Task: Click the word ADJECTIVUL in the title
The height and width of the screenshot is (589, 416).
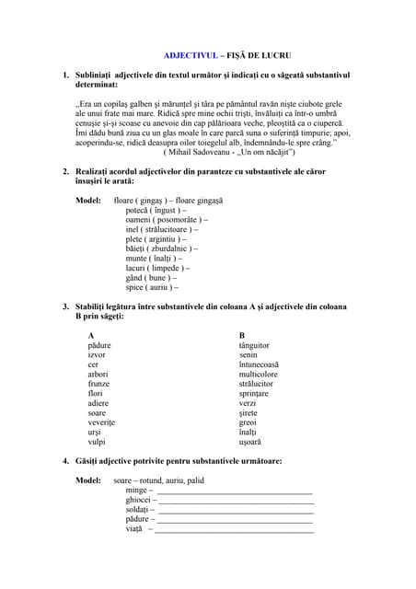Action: pyautogui.click(x=182, y=54)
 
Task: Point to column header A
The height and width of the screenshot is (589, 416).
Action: pyautogui.click(x=90, y=335)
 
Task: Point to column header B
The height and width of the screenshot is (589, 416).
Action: pyautogui.click(x=241, y=335)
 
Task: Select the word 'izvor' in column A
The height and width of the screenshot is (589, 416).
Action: pyautogui.click(x=97, y=354)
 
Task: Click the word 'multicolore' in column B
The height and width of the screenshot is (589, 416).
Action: pyautogui.click(x=264, y=374)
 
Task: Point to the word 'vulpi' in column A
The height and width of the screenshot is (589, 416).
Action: pyautogui.click(x=97, y=442)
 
